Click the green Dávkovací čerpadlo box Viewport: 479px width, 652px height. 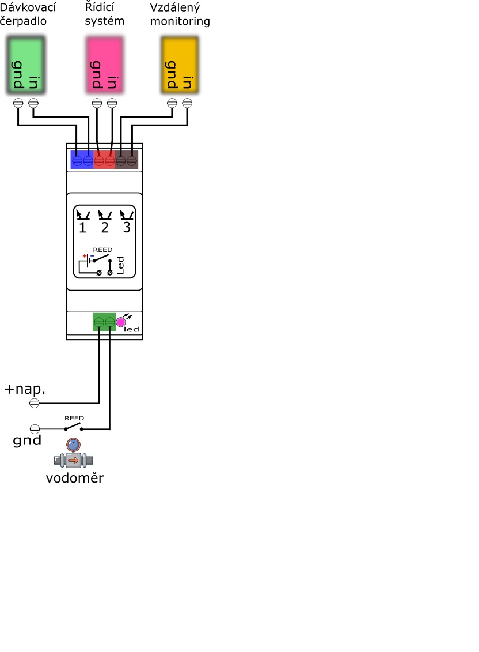tap(26, 65)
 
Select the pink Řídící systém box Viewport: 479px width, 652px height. tap(105, 65)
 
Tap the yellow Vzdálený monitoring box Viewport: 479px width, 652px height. tap(180, 65)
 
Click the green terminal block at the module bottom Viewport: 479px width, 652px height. tap(104, 322)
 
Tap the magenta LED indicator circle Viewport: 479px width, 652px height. tap(121, 322)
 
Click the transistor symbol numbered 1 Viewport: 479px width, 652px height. tap(83, 216)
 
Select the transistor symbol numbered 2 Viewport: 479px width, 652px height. tap(105, 216)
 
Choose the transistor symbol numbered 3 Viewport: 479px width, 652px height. tap(127, 216)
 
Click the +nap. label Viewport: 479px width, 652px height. tap(25, 389)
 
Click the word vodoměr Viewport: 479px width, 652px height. tap(75, 478)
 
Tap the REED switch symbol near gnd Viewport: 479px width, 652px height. tap(74, 427)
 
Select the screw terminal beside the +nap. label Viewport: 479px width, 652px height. tap(35, 403)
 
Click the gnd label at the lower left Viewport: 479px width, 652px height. tap(27, 441)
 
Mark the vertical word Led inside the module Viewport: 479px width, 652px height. tap(120, 265)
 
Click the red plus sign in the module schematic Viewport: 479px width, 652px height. tap(85, 255)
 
